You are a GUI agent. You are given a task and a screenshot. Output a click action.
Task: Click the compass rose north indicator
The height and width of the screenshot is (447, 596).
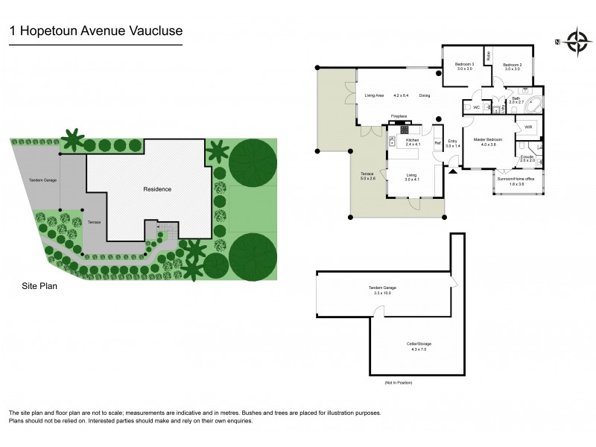click(575, 41)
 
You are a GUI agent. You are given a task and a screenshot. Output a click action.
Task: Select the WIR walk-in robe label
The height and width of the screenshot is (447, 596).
click(528, 127)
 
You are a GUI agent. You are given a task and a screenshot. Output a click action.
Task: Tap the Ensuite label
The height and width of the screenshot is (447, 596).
click(527, 158)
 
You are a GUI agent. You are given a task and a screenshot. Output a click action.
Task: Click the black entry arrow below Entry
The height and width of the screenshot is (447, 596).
click(452, 172)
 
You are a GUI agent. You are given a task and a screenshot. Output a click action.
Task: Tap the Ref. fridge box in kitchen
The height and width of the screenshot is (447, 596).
click(438, 142)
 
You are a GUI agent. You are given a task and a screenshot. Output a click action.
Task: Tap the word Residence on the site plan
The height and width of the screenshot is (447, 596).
click(157, 189)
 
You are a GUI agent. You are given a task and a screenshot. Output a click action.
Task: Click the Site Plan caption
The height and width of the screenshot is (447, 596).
click(39, 285)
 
